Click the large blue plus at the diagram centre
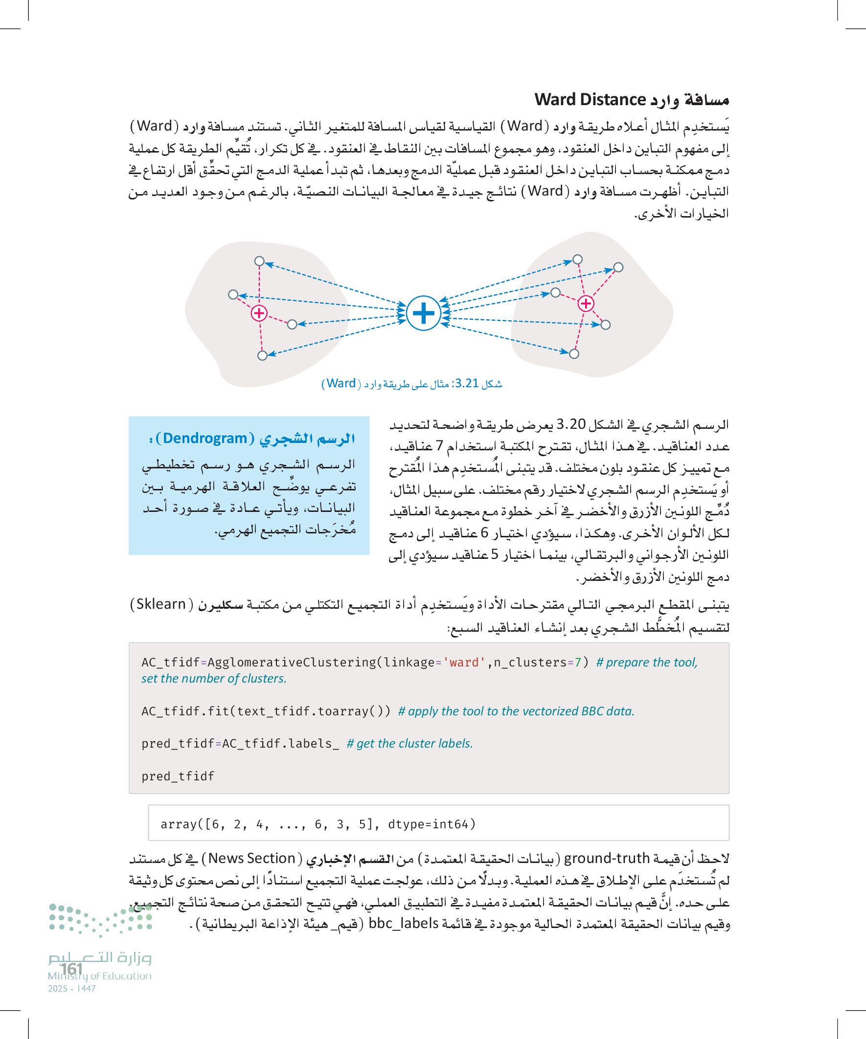[423, 313]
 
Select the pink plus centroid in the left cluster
[259, 313]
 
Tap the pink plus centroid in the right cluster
[586, 303]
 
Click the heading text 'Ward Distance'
[590, 99]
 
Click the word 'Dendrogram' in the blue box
[205, 439]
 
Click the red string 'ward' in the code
[464, 663]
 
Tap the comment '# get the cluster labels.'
[410, 744]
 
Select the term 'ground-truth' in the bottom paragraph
[607, 859]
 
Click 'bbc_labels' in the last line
[404, 924]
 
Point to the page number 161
[71, 969]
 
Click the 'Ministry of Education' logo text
[99, 976]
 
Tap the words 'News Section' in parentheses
[251, 859]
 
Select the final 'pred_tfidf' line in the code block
[178, 776]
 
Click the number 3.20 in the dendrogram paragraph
[571, 424]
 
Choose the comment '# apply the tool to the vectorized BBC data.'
[516, 711]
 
